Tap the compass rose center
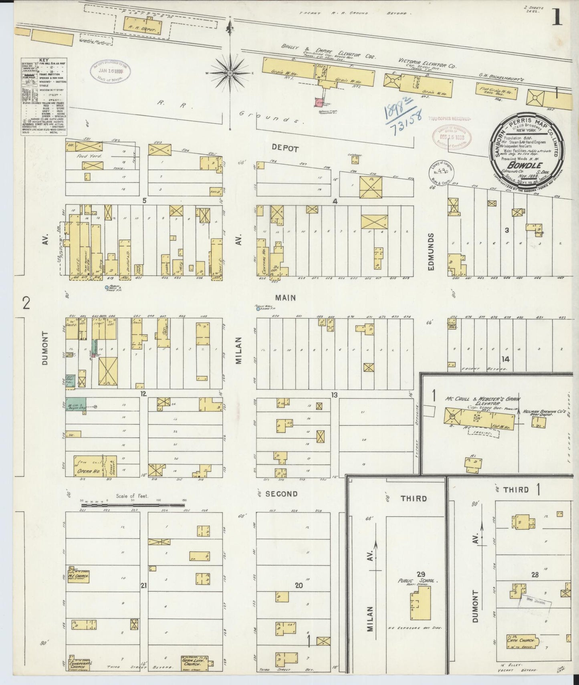click(230, 74)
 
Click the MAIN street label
click(285, 298)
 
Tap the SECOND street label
click(281, 494)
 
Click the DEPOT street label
click(285, 149)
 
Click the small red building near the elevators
click(319, 103)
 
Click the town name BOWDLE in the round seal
click(521, 164)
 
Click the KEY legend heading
click(44, 60)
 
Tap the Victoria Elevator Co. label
click(426, 63)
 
